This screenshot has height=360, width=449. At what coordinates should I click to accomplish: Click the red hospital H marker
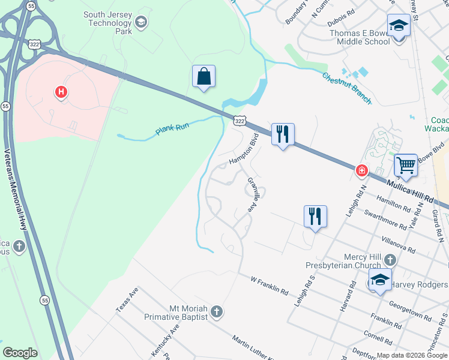pos(61,92)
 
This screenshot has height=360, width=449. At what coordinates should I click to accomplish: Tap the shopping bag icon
pos(204,77)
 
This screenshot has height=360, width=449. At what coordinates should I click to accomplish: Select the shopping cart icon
pos(406,165)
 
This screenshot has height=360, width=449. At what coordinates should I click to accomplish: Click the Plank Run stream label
pos(172,125)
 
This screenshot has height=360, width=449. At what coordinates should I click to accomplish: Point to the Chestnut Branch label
pos(346,88)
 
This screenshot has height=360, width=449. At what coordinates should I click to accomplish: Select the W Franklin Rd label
pos(270,285)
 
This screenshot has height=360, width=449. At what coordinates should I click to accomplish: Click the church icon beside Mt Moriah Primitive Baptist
pos(217,312)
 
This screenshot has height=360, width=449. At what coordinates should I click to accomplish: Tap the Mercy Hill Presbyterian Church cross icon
pos(390,260)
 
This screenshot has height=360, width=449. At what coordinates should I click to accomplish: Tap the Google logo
pos(19,353)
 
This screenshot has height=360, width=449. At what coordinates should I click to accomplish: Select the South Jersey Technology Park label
pos(107,22)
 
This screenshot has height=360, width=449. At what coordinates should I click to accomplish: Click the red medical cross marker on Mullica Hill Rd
pos(361,170)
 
